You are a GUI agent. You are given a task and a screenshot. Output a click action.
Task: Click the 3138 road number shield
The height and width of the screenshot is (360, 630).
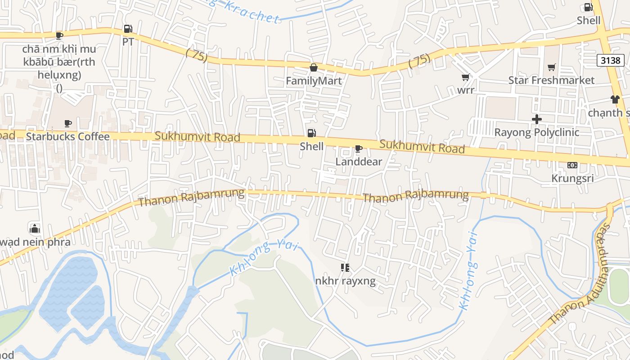pos(610,60)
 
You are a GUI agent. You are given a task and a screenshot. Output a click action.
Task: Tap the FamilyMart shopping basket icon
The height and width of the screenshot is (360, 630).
pos(313,67)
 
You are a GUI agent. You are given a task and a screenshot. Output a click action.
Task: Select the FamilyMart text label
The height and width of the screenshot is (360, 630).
pos(314,81)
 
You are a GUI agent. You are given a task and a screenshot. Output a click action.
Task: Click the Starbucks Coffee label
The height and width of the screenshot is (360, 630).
pos(67,136)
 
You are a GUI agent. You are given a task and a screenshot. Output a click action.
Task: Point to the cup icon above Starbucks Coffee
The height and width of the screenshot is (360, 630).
pos(67,123)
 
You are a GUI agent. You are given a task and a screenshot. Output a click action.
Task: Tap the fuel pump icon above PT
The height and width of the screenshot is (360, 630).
pos(128,29)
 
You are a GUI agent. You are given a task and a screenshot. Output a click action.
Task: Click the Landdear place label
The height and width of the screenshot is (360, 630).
pos(359,162)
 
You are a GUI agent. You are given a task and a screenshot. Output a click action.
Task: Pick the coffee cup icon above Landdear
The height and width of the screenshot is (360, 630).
pos(358,148)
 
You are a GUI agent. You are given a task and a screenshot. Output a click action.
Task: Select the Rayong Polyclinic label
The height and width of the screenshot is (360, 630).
pos(536,132)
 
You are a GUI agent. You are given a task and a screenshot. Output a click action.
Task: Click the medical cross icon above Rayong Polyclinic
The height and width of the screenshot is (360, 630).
pos(536,119)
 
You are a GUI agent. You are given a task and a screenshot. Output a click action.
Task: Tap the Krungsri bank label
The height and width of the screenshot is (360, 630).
pos(572,178)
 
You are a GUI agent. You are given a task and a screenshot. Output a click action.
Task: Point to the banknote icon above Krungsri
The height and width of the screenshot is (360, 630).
pos(572,165)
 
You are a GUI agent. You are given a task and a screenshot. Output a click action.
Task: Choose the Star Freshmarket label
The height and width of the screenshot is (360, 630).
pos(551,80)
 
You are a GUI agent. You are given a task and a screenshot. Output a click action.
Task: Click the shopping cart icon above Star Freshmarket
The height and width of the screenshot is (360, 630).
pos(551,67)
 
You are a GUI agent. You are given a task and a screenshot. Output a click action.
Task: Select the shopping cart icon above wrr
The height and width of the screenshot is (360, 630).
pos(466,77)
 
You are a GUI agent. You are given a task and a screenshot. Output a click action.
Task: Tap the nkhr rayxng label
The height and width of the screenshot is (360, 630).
pos(345,281)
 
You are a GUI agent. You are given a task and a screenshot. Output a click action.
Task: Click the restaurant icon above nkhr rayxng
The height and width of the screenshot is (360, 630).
pos(345,268)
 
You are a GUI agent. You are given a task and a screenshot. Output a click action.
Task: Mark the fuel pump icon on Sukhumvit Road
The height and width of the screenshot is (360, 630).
pos(311,133)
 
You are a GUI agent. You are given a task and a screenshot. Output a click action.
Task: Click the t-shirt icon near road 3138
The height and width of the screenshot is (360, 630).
pos(615,99)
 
